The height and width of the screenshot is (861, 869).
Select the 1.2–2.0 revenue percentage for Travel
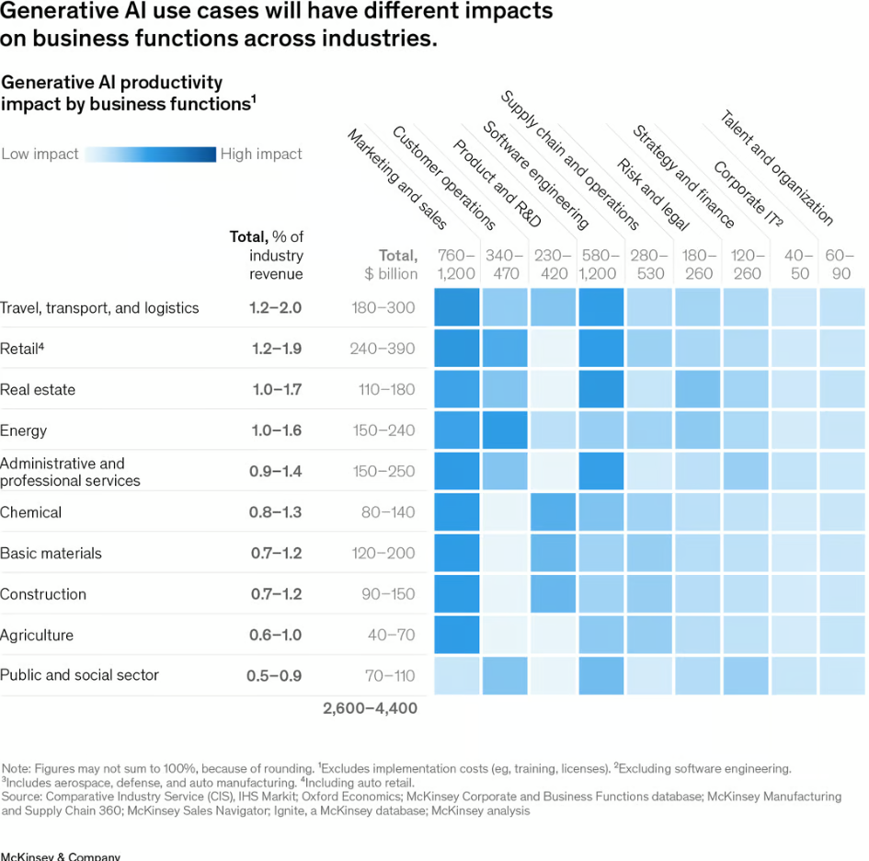point(275,308)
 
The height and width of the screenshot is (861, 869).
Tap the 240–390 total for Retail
point(383,349)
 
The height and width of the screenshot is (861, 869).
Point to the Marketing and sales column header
point(396,178)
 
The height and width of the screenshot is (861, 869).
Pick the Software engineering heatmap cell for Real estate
point(602,389)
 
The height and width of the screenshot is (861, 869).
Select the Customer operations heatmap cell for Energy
point(506,430)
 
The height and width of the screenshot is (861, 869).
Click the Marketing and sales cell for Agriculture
point(457,635)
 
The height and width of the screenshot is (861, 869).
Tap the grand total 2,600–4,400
point(370,708)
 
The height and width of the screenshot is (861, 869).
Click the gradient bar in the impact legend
point(150,155)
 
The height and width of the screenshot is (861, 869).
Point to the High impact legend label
point(261,155)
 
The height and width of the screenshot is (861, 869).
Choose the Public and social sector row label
point(79,675)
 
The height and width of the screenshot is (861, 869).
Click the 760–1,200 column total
point(457,264)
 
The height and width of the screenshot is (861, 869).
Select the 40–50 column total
point(794,264)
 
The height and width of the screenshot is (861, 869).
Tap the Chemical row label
point(31,512)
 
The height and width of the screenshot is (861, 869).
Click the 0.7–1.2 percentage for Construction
point(276,594)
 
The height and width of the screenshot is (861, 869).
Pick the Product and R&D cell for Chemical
point(554,511)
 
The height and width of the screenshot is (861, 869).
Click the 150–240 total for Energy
point(383,430)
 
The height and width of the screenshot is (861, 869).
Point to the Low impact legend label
point(40,155)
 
